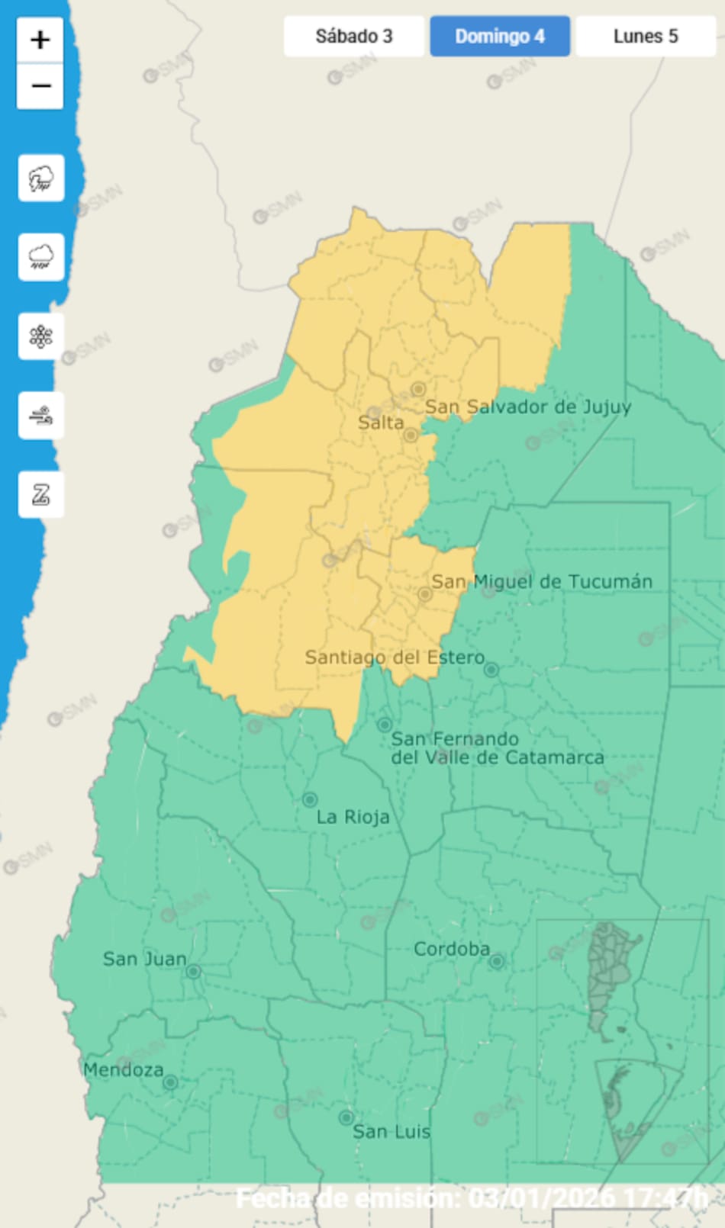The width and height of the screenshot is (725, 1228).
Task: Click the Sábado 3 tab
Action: point(353,36)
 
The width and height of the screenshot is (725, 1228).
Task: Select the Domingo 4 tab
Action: point(500,36)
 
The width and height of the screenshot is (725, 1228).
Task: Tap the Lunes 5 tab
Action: point(646,36)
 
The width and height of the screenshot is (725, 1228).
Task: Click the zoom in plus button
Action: point(40,40)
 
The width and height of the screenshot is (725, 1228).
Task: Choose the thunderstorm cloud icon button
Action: point(41,178)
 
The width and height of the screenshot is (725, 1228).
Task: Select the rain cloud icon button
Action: point(41,257)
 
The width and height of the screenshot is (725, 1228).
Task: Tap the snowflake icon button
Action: point(41,336)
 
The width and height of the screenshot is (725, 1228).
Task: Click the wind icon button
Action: point(41,416)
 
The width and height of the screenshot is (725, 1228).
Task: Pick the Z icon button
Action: point(41,495)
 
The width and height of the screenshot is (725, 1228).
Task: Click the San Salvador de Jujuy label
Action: point(527,407)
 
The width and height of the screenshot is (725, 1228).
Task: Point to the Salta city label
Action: point(381,423)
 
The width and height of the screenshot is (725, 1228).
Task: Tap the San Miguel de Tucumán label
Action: point(542,581)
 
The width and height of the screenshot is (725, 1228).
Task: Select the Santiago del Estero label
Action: point(395,657)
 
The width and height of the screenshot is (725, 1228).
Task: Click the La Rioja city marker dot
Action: point(310,799)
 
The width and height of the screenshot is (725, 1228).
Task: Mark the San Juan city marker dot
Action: point(194,971)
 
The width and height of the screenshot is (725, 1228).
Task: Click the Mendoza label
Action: point(123,1069)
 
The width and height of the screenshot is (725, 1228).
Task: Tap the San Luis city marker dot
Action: point(346,1117)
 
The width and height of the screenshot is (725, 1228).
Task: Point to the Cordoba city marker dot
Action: point(497,961)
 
